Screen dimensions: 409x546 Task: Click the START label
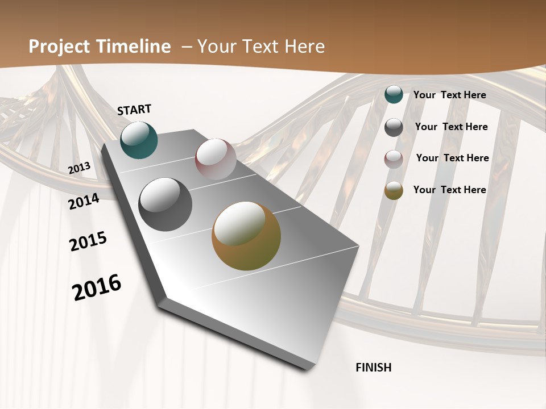(x=134, y=110)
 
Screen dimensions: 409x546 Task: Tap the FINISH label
(x=373, y=368)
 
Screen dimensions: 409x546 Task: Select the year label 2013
(x=80, y=168)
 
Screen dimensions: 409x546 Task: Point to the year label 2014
(x=84, y=201)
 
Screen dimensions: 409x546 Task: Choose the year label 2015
(x=88, y=241)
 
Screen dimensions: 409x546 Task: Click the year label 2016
(x=97, y=287)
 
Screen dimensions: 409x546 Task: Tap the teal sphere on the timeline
(x=139, y=140)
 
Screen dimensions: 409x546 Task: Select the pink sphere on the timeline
(x=216, y=159)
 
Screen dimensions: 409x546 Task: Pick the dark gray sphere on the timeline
(x=165, y=204)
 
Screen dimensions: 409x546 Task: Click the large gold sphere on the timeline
(x=246, y=236)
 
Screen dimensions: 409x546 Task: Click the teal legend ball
(x=394, y=94)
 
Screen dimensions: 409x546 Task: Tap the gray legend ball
(x=394, y=127)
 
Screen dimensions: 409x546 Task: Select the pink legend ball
(x=394, y=159)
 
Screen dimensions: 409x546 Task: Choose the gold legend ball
(x=394, y=190)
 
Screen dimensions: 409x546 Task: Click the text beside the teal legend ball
(x=449, y=95)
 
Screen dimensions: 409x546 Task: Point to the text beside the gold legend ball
(x=449, y=190)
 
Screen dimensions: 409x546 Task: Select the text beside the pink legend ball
(x=452, y=158)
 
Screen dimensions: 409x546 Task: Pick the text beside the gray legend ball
(x=451, y=127)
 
